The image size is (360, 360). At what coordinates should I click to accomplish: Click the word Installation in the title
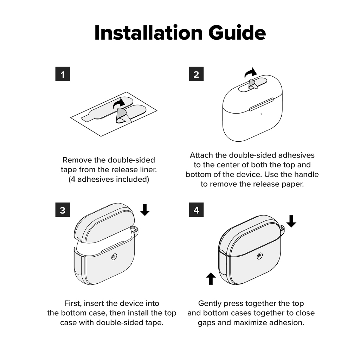point(148,33)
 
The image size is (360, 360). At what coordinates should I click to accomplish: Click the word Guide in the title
point(237,33)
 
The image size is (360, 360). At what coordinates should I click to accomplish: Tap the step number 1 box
point(63,74)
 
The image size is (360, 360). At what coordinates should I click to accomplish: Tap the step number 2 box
point(196,74)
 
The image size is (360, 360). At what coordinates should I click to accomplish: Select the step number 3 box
point(63,210)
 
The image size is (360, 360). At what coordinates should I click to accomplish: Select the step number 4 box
point(196,210)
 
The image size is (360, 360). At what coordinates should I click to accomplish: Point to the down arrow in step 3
point(145,210)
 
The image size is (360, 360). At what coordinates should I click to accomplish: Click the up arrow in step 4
point(211,279)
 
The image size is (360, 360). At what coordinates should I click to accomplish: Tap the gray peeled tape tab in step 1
point(123,116)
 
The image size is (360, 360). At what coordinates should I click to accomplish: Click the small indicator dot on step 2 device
point(262,114)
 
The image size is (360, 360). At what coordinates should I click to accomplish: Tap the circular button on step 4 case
point(260,256)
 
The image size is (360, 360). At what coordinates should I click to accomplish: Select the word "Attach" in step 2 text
point(201,155)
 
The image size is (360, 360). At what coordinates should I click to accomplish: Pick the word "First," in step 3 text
point(73,303)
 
